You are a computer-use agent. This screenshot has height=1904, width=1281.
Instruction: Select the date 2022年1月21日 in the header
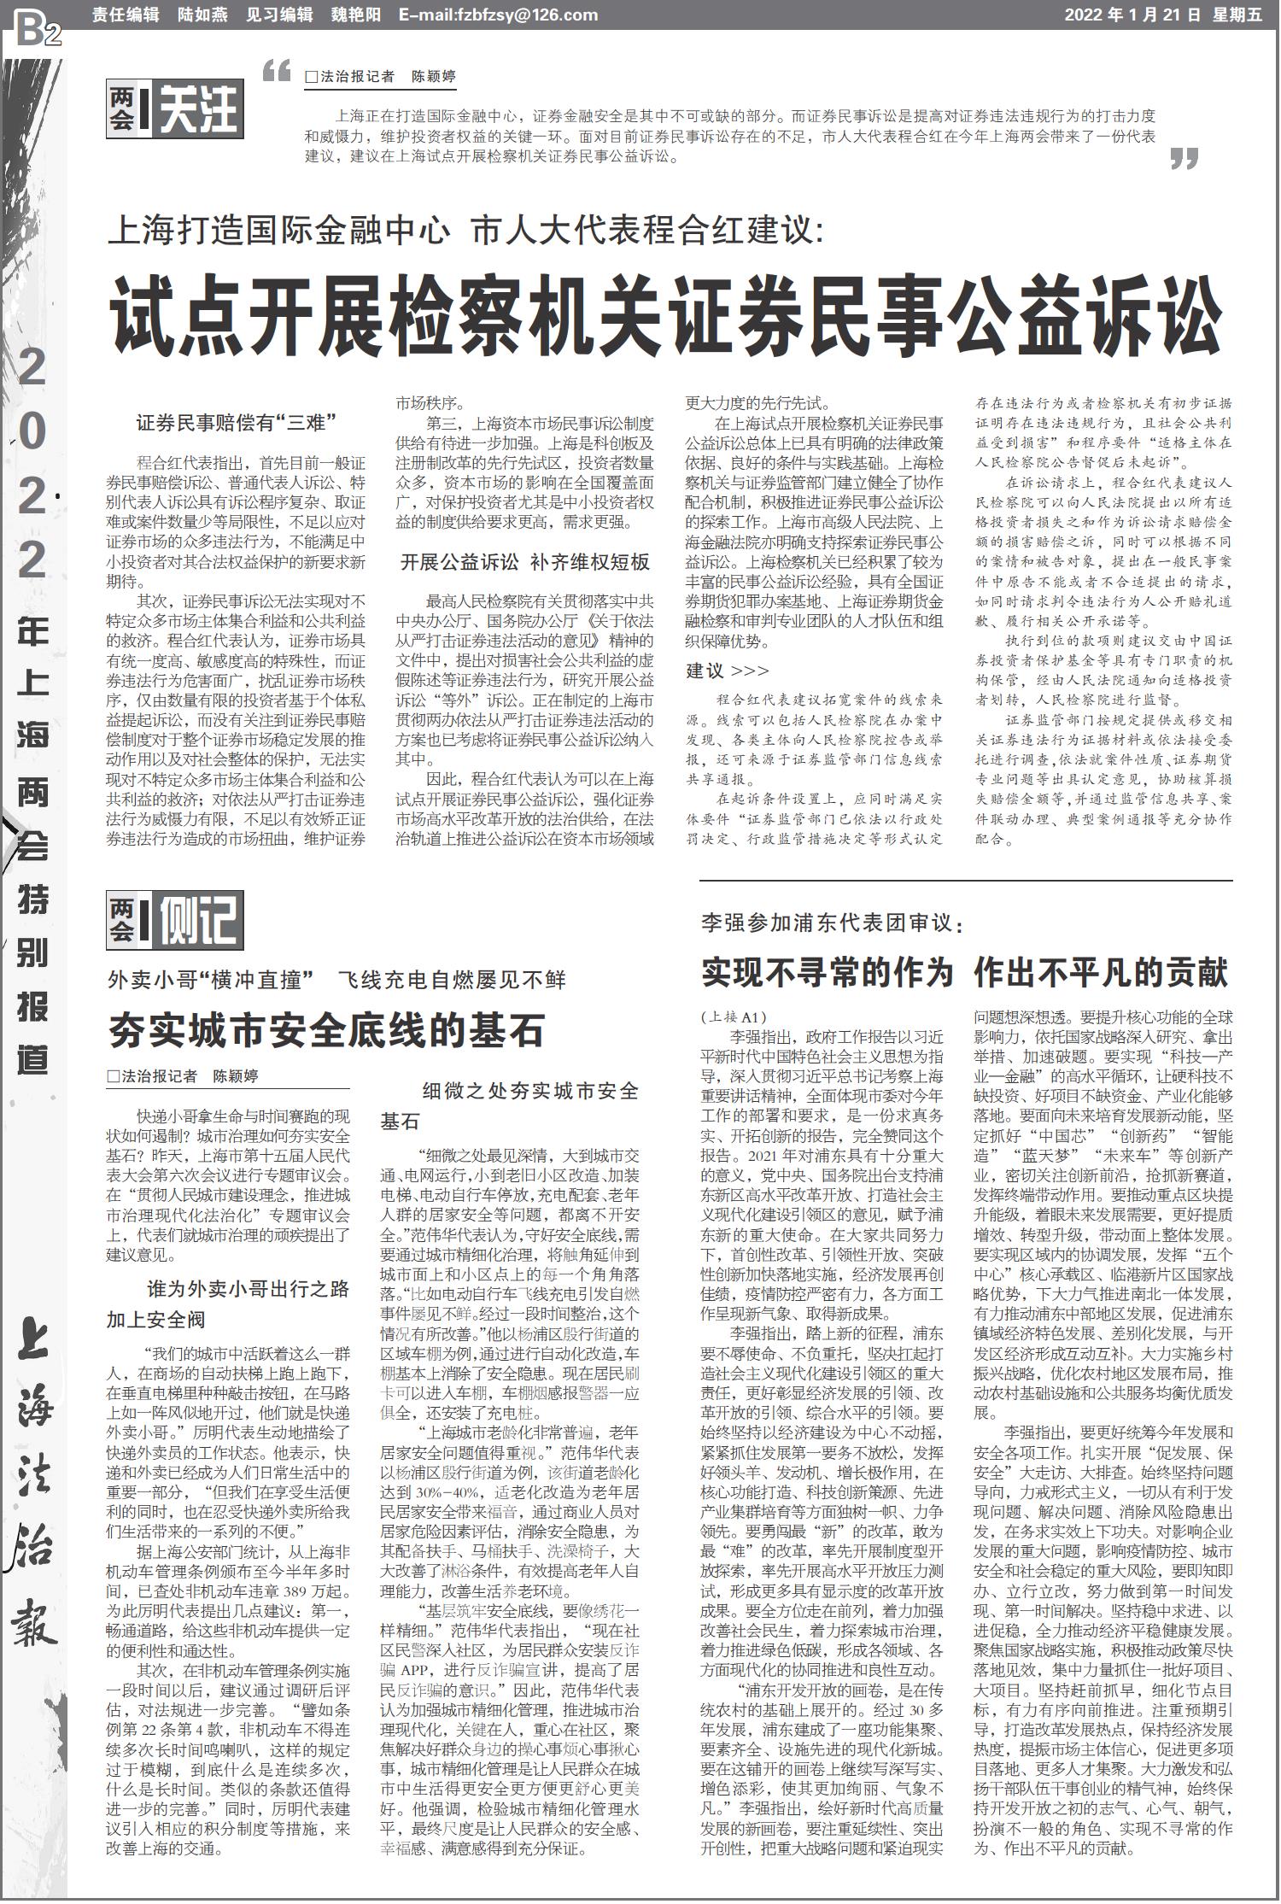coord(1132,15)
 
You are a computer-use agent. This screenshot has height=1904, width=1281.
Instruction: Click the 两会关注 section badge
coord(175,108)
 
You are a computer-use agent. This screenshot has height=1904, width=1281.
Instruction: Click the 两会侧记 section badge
coord(175,918)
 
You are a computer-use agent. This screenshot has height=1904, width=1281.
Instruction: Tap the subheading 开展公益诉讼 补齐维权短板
coord(525,562)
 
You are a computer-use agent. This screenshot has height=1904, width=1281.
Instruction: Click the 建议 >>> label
coord(728,671)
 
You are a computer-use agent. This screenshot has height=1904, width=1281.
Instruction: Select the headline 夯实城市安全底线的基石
coord(326,1030)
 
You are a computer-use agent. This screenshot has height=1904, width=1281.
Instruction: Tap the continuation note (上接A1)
coord(734,1016)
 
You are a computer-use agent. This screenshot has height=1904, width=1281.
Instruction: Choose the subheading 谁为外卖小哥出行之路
coord(248,1289)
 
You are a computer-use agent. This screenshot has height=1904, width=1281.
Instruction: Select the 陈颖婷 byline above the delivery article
coord(236,1076)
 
